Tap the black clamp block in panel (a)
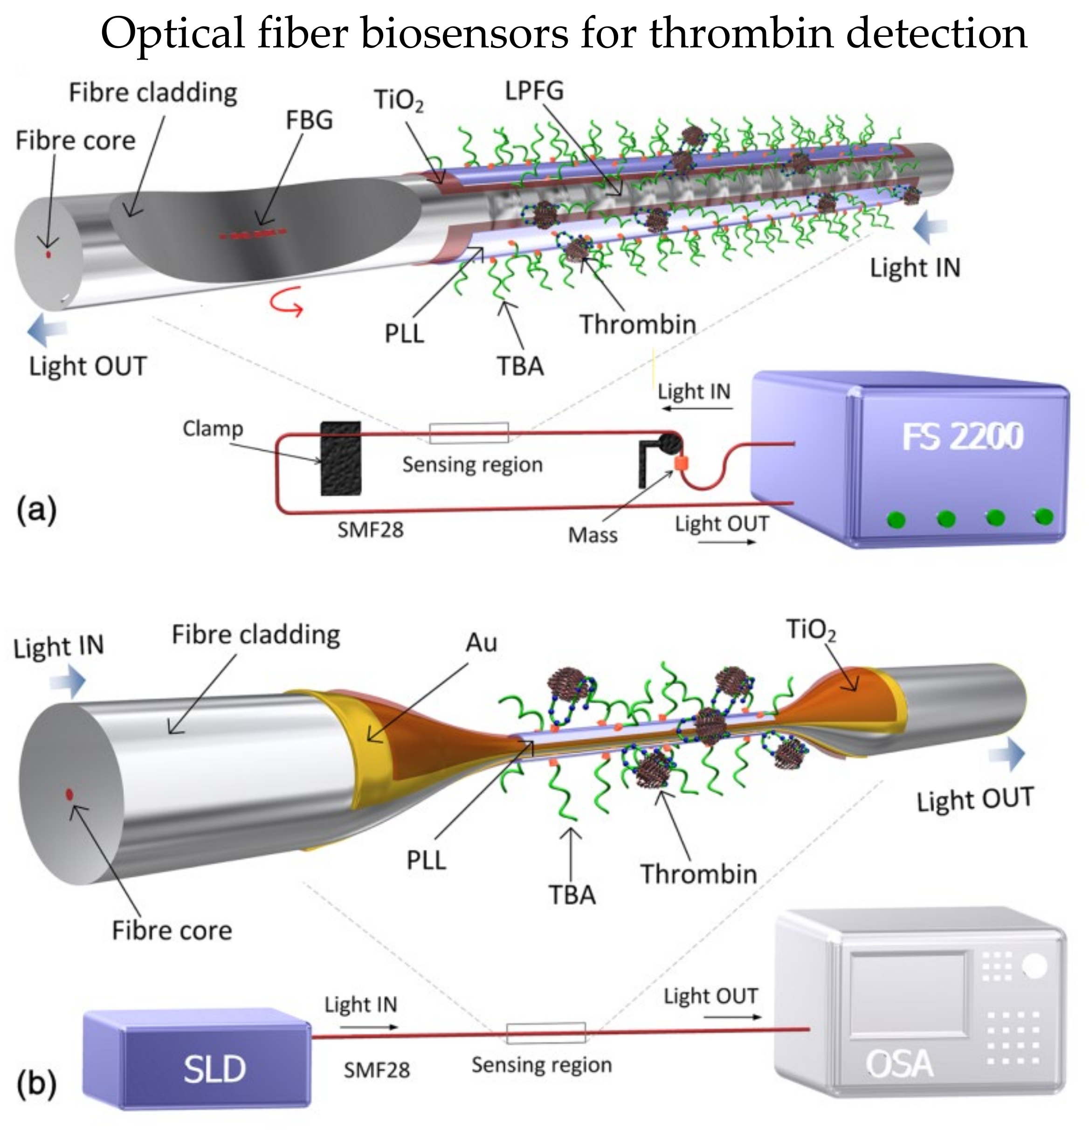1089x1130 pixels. point(341,458)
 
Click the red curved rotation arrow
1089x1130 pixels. point(287,305)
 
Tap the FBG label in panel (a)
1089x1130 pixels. point(309,120)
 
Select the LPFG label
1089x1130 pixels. point(534,91)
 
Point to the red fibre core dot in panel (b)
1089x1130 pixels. point(69,794)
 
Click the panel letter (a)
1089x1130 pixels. point(36,510)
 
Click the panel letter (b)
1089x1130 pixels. point(36,1083)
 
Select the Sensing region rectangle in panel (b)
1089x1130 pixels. point(545,1033)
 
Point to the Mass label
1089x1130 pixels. point(592,535)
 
